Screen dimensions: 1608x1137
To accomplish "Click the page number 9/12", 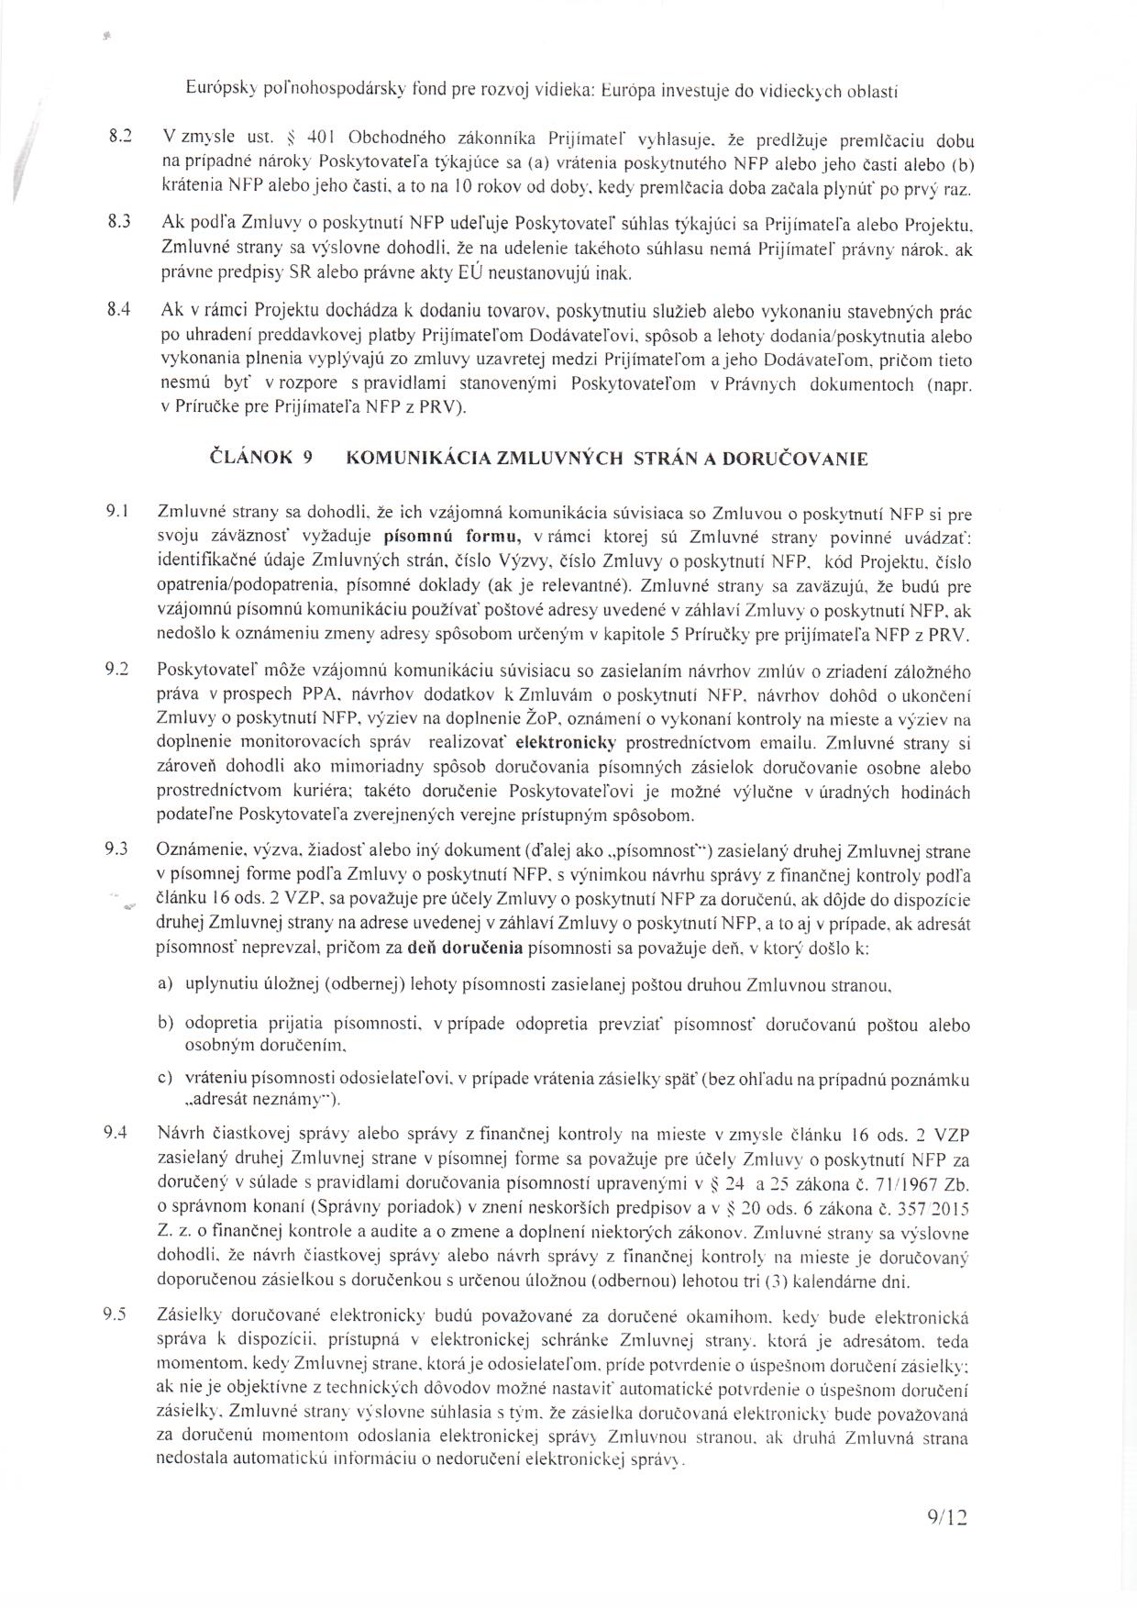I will (x=947, y=1543).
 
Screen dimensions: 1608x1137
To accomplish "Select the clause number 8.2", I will (x=121, y=139).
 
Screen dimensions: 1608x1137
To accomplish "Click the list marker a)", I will (x=166, y=983).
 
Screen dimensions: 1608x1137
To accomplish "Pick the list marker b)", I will (x=166, y=1023).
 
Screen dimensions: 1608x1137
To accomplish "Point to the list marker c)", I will (x=166, y=1079).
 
